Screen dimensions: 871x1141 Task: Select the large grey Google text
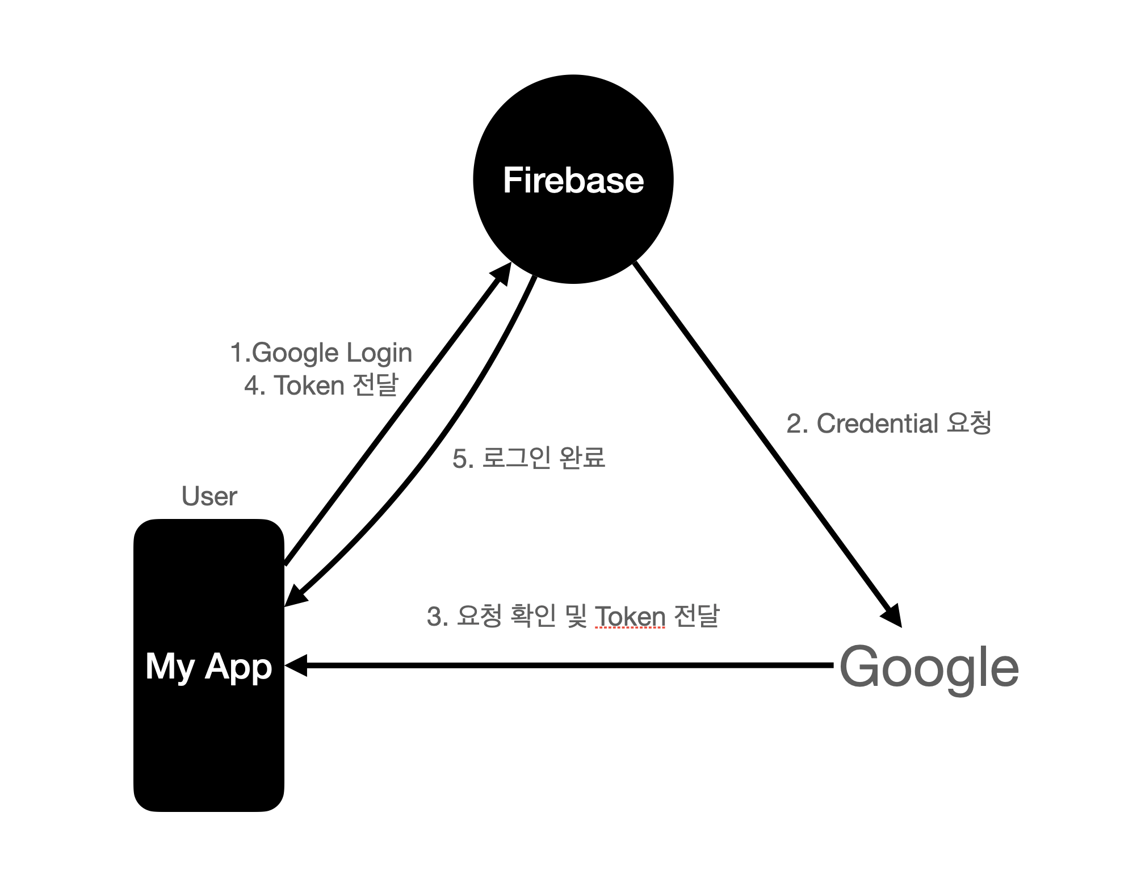929,667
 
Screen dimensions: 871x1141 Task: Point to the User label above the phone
209,496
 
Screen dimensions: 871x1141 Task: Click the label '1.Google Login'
321,353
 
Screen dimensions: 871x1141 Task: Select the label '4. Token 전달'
321,386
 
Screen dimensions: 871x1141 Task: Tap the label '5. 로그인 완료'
528,458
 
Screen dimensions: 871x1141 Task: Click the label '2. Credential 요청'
888,424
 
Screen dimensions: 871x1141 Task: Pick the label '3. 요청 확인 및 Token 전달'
572,616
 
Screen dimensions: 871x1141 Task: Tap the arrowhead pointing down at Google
892,615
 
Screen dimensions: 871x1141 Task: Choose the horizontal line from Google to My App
568,665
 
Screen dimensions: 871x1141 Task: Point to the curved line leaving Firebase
454,432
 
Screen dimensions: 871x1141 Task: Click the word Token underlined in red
630,616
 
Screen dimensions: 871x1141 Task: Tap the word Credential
877,424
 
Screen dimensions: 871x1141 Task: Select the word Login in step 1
379,353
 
